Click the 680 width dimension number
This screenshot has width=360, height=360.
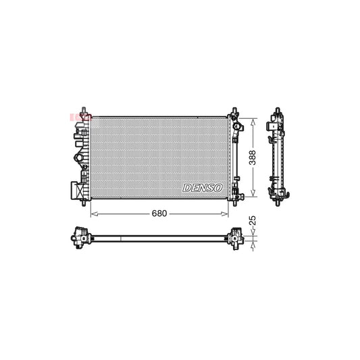click(x=159, y=213)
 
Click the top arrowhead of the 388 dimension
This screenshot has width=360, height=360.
click(x=254, y=120)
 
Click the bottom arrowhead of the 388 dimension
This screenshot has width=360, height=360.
click(x=254, y=193)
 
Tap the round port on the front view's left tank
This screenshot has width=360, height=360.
click(x=80, y=161)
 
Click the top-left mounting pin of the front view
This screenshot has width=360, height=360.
click(x=83, y=110)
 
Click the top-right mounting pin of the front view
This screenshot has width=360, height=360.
click(x=235, y=110)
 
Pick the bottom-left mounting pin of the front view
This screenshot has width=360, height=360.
click(x=83, y=201)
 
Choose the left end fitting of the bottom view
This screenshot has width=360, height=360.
click(x=81, y=237)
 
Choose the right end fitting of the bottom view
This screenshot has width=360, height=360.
click(x=237, y=237)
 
